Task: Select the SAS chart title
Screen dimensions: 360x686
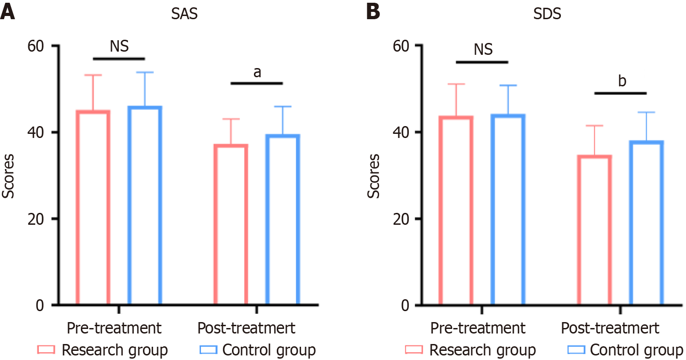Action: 185,14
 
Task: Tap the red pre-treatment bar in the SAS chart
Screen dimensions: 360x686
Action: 93,208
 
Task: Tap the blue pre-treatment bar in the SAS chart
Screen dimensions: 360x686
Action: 145,206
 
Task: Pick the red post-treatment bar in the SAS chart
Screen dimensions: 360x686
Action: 231,225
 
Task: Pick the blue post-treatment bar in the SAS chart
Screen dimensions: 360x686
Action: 283,220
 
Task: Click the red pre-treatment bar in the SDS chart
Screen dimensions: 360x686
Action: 456,211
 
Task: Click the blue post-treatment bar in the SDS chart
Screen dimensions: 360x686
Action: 646,223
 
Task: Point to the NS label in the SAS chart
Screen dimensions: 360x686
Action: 119,46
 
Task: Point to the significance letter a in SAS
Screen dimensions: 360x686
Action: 257,72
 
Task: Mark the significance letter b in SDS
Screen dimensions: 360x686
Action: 621,81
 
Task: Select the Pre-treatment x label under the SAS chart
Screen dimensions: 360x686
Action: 114,328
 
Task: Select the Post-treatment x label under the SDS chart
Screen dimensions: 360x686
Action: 610,328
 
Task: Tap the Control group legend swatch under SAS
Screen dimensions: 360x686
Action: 208,350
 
